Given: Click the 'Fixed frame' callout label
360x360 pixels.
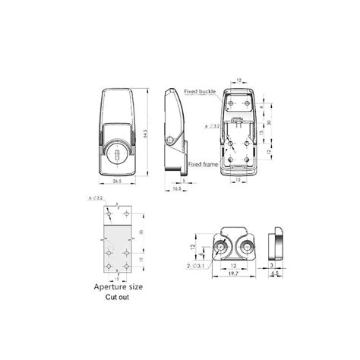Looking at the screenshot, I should [x=203, y=164].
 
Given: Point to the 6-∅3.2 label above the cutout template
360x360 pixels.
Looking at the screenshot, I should [x=96, y=197].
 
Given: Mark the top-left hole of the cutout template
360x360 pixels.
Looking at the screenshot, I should [x=109, y=214].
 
